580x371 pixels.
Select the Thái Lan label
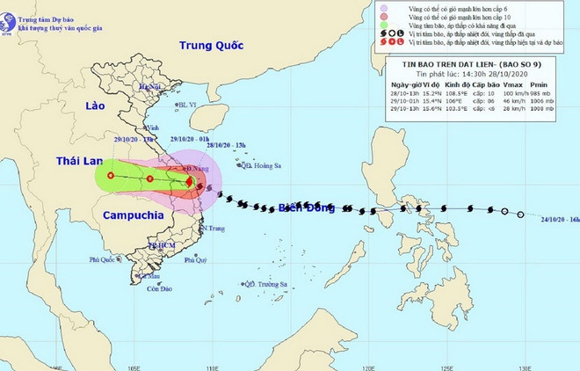[x=80, y=162]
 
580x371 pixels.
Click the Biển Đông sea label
[x=308, y=208]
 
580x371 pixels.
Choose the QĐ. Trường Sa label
[x=267, y=284]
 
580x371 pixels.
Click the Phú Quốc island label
[x=105, y=260]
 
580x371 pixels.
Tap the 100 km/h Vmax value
[x=517, y=92]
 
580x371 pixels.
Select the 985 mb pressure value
[x=550, y=92]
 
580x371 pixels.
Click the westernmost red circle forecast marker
[x=111, y=176]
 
